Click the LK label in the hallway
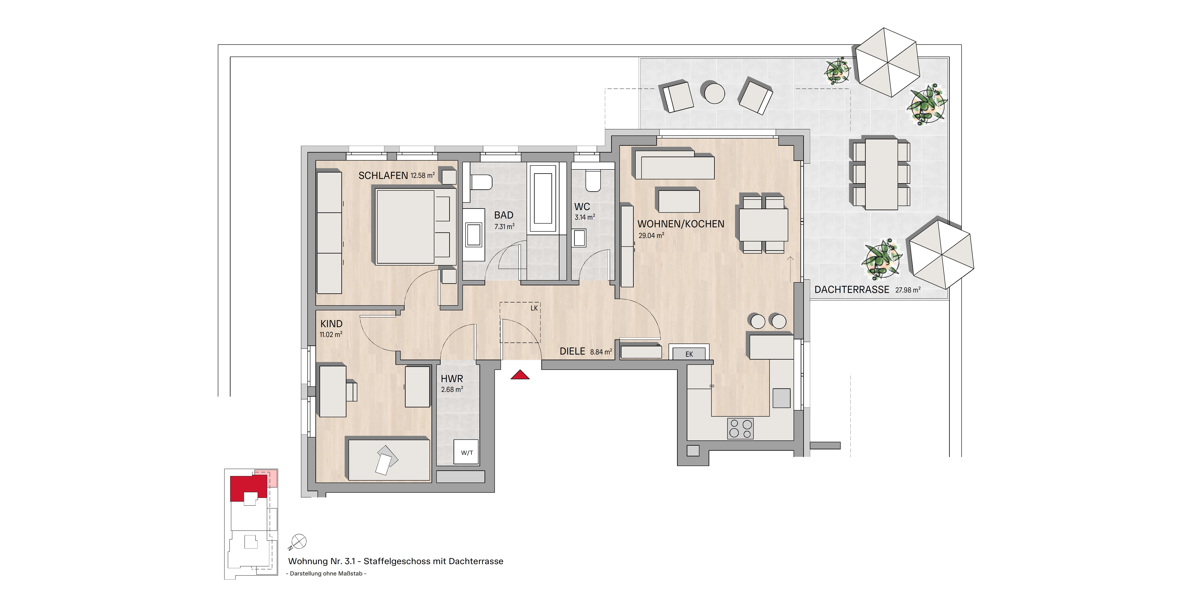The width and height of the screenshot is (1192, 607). [534, 308]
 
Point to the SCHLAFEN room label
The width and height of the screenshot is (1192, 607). [383, 176]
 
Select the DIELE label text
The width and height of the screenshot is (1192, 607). [572, 351]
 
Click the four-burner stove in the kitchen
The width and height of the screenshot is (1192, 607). [740, 428]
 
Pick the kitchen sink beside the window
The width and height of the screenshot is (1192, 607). [782, 398]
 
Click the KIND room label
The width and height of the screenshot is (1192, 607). [331, 324]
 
